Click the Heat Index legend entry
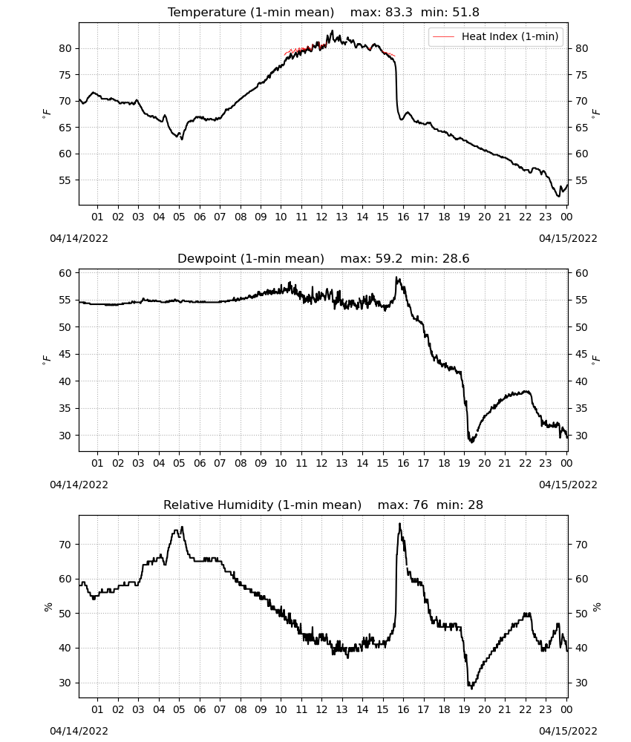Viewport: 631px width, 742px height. pyautogui.click(x=496, y=36)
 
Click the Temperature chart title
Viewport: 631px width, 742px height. pyautogui.click(x=324, y=12)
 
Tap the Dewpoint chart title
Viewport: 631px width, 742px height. pyautogui.click(x=324, y=258)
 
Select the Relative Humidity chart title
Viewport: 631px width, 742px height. pyautogui.click(x=324, y=505)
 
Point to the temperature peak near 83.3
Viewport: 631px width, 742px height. pyautogui.click(x=333, y=31)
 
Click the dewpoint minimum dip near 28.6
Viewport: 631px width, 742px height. pyautogui.click(x=471, y=441)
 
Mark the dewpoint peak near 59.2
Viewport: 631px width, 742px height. pyautogui.click(x=397, y=278)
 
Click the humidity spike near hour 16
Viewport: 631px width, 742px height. pyautogui.click(x=400, y=525)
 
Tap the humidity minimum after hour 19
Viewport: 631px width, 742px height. pyautogui.click(x=471, y=688)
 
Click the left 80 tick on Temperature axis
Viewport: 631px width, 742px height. pyautogui.click(x=65, y=48)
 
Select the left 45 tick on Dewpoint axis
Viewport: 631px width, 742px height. pyautogui.click(x=65, y=354)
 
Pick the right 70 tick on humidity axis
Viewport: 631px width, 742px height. pyautogui.click(x=581, y=545)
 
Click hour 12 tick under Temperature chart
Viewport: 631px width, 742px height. pyautogui.click(x=321, y=217)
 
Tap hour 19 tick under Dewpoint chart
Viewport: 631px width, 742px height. pyautogui.click(x=465, y=463)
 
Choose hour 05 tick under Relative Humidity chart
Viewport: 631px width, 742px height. pyautogui.click(x=179, y=709)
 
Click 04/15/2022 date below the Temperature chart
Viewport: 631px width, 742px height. pyautogui.click(x=568, y=238)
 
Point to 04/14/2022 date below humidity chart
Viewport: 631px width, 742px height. pyautogui.click(x=79, y=731)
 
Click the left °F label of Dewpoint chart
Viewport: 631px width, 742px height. pyautogui.click(x=46, y=360)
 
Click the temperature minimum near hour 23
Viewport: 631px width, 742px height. pyautogui.click(x=558, y=196)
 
